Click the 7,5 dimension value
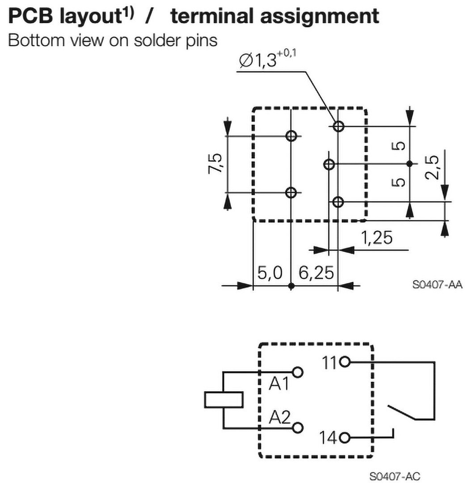coord(217,164)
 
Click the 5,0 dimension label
coord(270,274)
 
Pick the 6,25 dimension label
coord(316,274)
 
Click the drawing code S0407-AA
coord(437,285)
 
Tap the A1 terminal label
coord(278,384)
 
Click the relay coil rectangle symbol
coord(223,400)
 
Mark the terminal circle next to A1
coord(299,373)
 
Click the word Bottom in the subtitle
coord(33,40)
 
